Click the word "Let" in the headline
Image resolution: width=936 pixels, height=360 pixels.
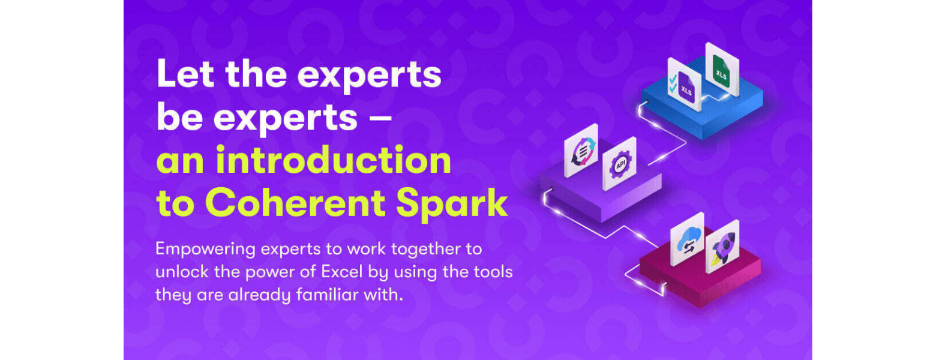click(x=185, y=74)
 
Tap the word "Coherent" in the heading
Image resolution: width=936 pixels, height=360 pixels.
click(x=295, y=203)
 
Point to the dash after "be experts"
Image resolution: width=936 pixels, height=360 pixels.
click(x=380, y=118)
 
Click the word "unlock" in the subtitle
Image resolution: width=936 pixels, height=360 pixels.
click(x=182, y=272)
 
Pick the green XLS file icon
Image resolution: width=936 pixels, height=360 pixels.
click(x=721, y=70)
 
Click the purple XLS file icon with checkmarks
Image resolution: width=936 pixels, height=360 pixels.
click(x=684, y=85)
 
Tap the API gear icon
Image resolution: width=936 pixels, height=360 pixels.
click(x=619, y=164)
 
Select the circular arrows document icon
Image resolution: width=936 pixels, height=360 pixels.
click(x=581, y=151)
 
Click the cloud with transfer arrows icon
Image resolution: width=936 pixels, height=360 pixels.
click(x=687, y=240)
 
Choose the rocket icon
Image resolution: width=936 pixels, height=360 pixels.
click(x=722, y=247)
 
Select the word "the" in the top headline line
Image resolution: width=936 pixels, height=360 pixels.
click(x=256, y=74)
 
